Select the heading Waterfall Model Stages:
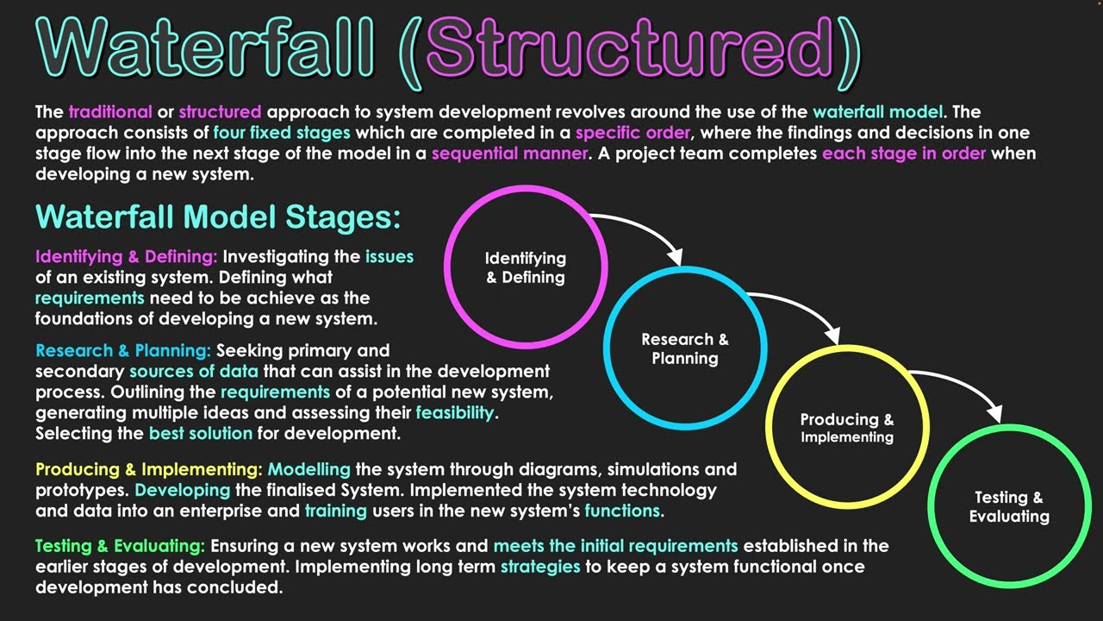pos(218,216)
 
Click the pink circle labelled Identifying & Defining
pos(526,267)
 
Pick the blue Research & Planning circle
pos(685,348)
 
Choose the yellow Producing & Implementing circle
pos(847,428)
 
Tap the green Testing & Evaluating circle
pos(1009,507)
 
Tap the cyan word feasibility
pos(456,412)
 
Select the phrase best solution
pos(201,433)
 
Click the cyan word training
pos(336,511)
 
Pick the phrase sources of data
pos(194,372)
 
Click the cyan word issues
pos(389,257)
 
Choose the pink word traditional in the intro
pos(110,112)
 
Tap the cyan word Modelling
pos(309,470)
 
